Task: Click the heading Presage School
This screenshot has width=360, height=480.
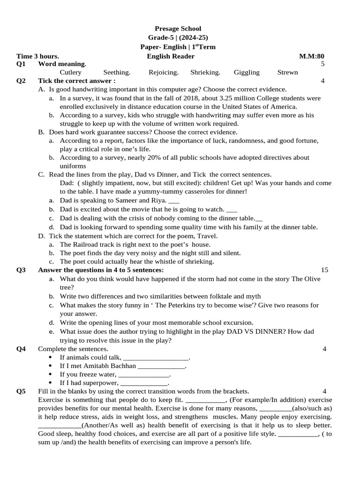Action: click(x=178, y=29)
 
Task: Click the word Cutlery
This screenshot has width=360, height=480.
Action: click(x=71, y=72)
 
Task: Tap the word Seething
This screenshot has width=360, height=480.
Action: click(x=117, y=72)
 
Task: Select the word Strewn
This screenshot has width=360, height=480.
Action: click(x=287, y=72)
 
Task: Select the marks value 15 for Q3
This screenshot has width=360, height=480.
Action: click(x=325, y=270)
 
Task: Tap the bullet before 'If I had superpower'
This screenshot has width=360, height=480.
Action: click(x=50, y=383)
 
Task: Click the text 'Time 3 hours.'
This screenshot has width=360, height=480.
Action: click(x=37, y=56)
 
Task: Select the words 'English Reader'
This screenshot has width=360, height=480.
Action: click(x=171, y=56)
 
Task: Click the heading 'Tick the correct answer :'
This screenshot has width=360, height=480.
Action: click(x=77, y=81)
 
